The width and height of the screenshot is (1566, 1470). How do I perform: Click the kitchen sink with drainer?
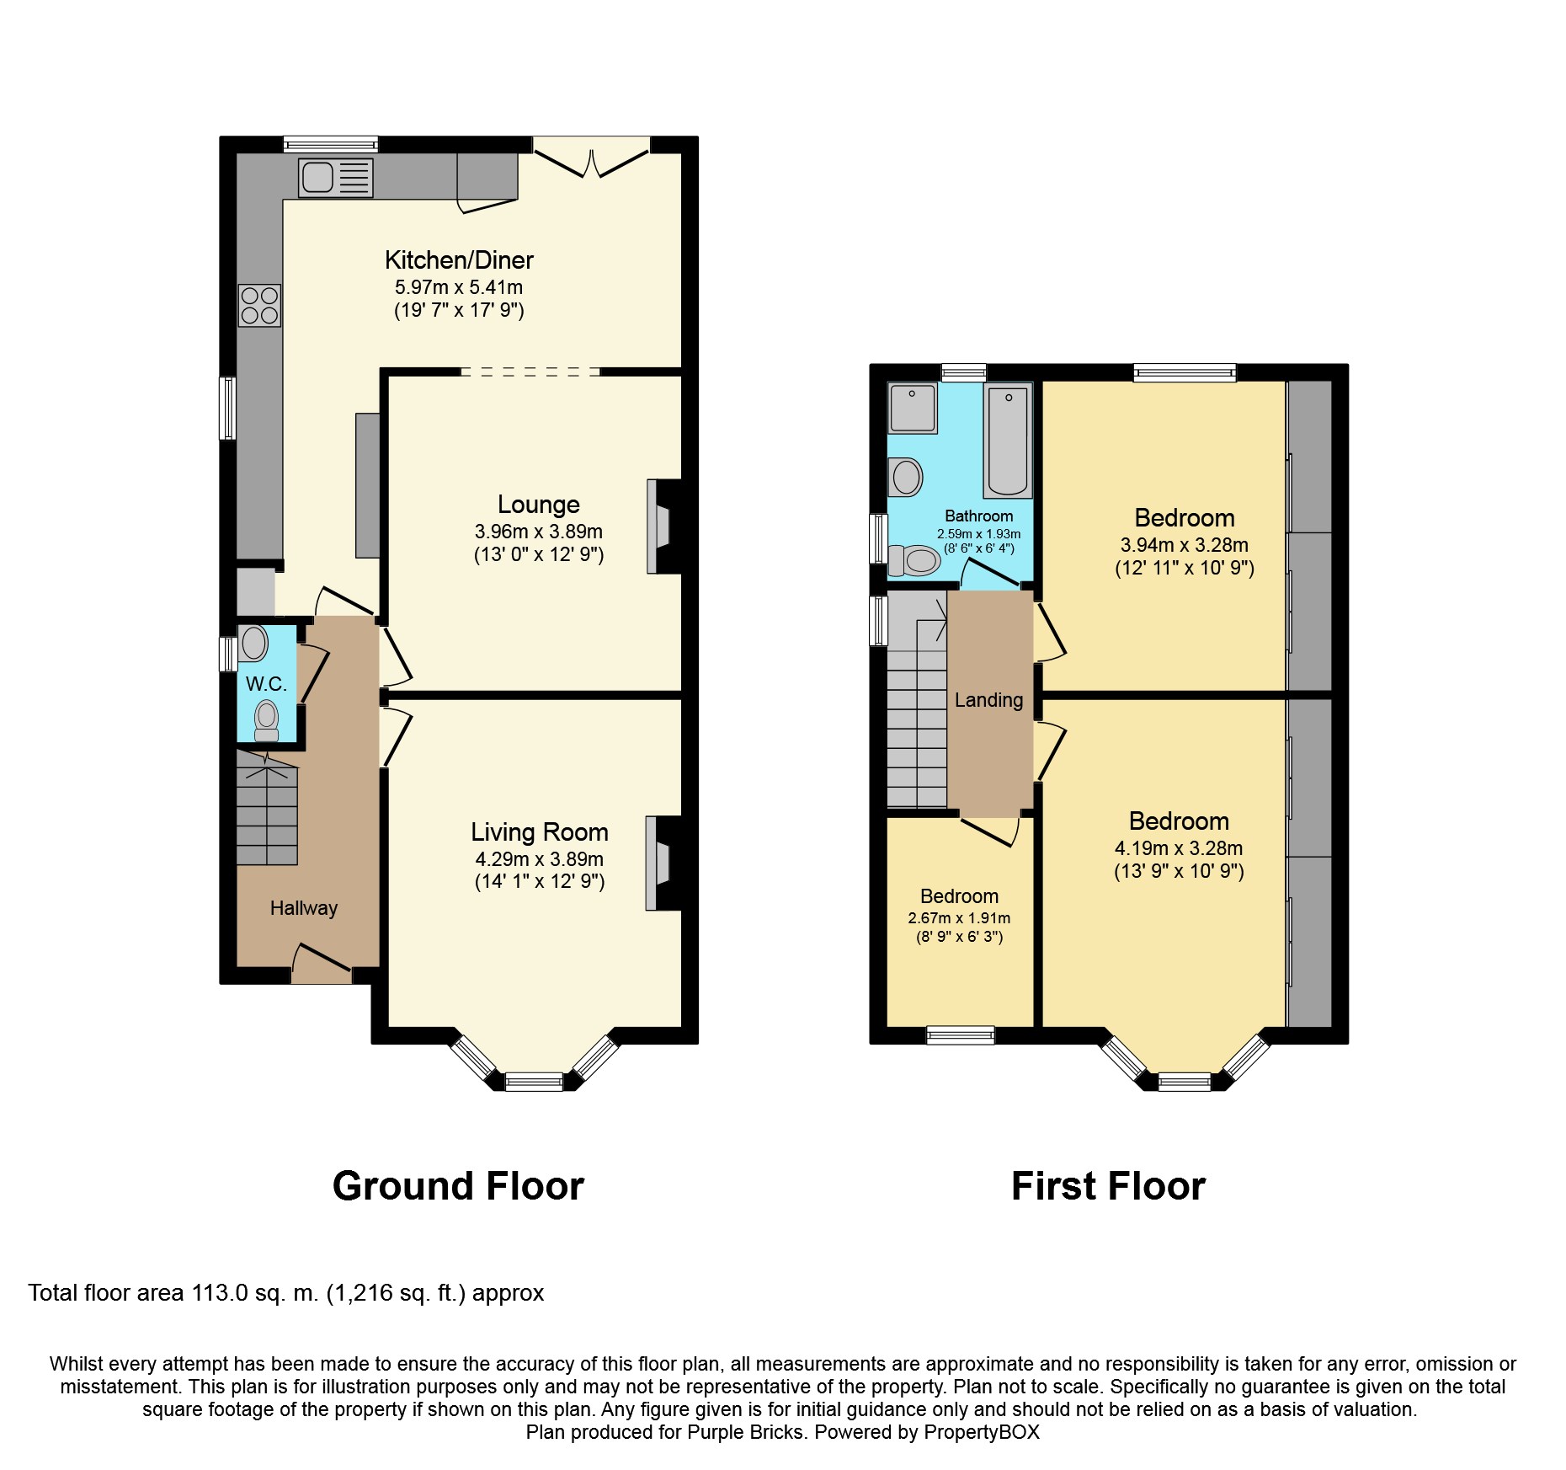[335, 177]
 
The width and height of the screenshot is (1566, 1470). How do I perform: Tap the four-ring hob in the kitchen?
[259, 305]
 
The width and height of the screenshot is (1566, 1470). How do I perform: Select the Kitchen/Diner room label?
[459, 259]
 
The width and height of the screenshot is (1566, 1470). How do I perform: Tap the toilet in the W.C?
[267, 720]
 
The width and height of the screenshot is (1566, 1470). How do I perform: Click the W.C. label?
[267, 683]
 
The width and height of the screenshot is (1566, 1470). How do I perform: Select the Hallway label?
[304, 908]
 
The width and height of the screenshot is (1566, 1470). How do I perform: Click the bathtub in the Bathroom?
[1008, 440]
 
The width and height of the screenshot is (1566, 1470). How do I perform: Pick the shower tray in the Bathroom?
[912, 409]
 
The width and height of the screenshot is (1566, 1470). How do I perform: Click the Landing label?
[989, 700]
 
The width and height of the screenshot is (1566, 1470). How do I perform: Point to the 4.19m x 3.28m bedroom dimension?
[1179, 848]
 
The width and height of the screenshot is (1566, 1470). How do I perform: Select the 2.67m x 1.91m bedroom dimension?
[959, 918]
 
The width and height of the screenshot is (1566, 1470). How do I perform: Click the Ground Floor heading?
[458, 1186]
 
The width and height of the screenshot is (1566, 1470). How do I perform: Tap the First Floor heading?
[1108, 1186]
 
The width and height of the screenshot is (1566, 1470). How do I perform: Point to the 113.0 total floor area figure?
[220, 1293]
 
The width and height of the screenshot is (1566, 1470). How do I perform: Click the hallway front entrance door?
[322, 965]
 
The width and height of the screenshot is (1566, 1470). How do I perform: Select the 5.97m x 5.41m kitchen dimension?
[459, 287]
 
